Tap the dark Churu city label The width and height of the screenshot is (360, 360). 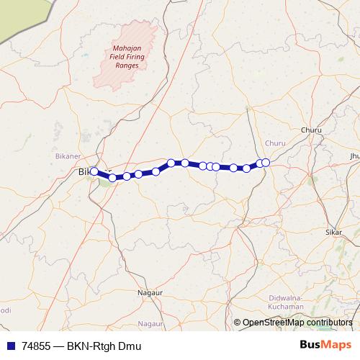(311, 130)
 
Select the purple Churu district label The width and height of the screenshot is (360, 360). (275, 143)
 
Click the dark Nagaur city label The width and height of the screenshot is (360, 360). (150, 293)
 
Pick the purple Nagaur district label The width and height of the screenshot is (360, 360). (150, 324)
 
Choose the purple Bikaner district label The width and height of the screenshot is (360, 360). (69, 156)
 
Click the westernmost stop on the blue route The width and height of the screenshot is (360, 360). (94, 171)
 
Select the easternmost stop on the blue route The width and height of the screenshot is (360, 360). (266, 163)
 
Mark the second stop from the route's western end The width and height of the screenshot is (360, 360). (112, 177)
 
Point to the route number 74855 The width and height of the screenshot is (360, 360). (37, 346)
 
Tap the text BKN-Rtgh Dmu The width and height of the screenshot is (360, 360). (102, 346)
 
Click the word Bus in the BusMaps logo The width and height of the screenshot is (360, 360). (312, 345)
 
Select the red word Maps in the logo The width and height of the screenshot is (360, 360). (338, 345)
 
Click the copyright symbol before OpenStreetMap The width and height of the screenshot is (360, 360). (237, 323)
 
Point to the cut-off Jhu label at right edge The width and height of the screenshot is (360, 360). (354, 156)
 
